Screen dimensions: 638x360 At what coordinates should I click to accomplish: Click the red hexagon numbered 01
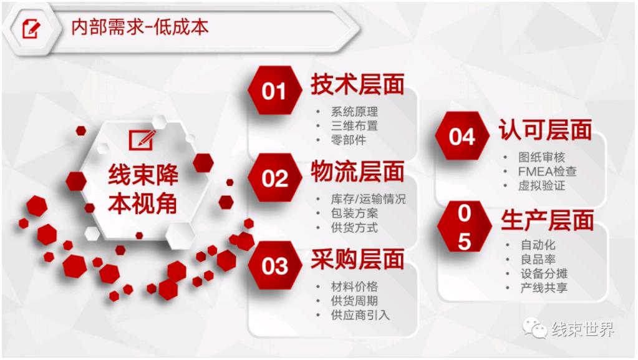point(274,90)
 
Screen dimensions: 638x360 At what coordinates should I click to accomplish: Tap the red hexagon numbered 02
point(274,178)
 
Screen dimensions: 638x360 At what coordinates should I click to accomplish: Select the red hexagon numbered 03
point(274,266)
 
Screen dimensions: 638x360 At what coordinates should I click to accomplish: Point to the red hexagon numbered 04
point(462,136)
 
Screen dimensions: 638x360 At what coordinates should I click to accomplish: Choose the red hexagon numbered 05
point(464,226)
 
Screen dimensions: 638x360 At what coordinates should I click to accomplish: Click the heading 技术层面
point(357,84)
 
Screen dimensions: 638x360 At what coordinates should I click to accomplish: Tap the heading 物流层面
point(357,172)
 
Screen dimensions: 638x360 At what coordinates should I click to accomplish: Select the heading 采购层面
point(357,260)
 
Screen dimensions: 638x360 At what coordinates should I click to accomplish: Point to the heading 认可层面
point(545,130)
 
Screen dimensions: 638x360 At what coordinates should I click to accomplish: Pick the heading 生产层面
point(548,220)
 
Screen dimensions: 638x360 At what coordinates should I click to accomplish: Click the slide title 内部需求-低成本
point(140,27)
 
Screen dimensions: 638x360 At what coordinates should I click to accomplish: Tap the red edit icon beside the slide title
point(31,29)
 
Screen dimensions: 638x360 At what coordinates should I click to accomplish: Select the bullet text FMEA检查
point(548,172)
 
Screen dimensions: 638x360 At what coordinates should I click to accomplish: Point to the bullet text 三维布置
point(354,126)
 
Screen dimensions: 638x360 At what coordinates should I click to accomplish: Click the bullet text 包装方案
point(354,213)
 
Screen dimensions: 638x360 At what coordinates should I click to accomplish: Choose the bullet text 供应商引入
point(360,315)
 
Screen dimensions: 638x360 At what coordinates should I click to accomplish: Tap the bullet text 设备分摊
point(544,274)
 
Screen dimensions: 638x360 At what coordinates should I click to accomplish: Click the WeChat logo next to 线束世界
point(534,328)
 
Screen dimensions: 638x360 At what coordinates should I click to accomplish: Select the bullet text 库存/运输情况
point(368,199)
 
